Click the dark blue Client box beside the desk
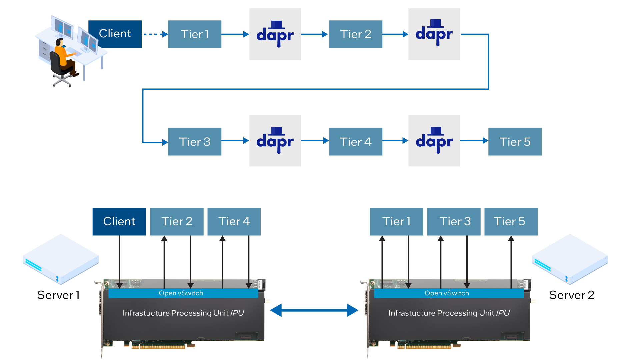point(115,34)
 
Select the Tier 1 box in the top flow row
point(195,34)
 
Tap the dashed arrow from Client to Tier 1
point(155,34)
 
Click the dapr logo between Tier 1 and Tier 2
point(275,34)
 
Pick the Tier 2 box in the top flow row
point(356,34)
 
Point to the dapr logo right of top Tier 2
point(434,34)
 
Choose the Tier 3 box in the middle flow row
point(195,142)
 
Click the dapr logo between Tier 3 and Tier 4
point(275,141)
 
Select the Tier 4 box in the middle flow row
point(356,142)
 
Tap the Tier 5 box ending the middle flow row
point(515,142)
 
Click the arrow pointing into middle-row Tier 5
point(474,141)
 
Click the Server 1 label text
point(58,295)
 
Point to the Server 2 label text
point(572,295)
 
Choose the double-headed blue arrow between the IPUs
point(314,310)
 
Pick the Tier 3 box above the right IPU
point(454,222)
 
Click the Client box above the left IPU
point(119,222)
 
